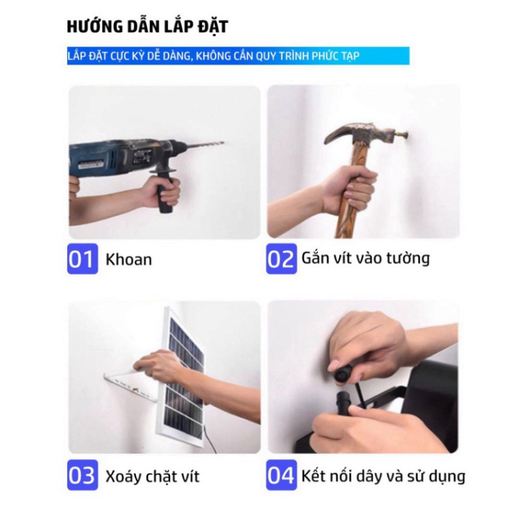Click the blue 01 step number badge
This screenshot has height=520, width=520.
pos(82,259)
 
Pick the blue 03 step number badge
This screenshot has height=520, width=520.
pos(82,476)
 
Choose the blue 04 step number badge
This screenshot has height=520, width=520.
pos(281,476)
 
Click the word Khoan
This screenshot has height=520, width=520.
pos(128,260)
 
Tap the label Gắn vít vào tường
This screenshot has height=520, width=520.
pos(365,258)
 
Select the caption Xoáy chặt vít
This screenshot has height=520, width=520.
pos(152,477)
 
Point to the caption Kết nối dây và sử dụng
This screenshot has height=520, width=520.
pos(383,476)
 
